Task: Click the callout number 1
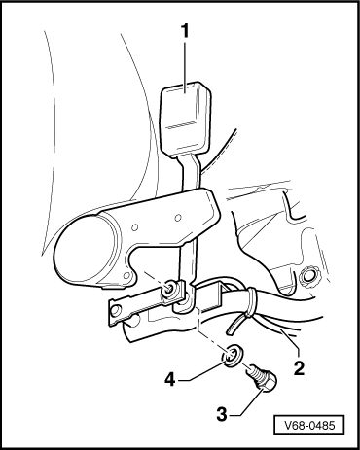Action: click(185, 31)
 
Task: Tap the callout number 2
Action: click(299, 367)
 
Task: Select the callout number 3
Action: click(222, 414)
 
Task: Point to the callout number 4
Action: click(169, 379)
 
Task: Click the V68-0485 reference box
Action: click(309, 425)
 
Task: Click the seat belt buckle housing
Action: click(186, 119)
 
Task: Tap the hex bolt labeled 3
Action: click(262, 377)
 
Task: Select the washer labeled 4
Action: click(232, 357)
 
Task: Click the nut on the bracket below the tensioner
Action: click(168, 289)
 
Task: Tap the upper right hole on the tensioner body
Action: click(177, 218)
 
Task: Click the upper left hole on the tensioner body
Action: click(135, 227)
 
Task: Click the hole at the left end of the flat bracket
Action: click(114, 311)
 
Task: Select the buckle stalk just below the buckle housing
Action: click(190, 172)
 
